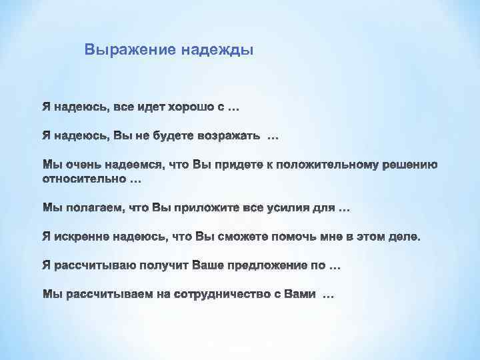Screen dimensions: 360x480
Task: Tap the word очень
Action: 79,165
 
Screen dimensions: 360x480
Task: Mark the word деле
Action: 405,238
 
